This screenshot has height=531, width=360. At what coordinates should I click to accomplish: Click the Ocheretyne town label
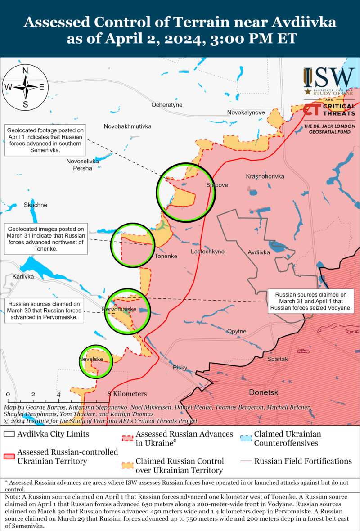166,105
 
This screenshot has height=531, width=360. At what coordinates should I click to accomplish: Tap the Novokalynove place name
246,112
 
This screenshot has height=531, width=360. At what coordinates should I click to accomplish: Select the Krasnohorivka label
265,176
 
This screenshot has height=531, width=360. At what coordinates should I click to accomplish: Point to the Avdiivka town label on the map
259,252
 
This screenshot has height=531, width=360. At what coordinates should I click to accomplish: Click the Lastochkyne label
207,252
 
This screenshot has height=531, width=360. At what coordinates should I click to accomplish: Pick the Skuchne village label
36,205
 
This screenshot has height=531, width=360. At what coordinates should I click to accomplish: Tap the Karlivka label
23,276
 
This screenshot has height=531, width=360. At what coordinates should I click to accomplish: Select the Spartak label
277,359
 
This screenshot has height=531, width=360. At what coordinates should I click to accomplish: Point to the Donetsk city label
264,392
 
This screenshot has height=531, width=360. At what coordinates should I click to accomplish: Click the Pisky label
180,368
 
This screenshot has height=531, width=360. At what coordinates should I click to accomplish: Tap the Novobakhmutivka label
127,126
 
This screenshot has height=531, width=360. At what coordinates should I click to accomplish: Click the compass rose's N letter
26,70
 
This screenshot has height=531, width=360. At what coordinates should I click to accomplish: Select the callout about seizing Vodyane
311,301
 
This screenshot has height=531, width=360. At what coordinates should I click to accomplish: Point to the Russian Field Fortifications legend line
246,461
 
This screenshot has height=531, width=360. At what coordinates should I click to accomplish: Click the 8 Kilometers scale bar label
127,393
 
